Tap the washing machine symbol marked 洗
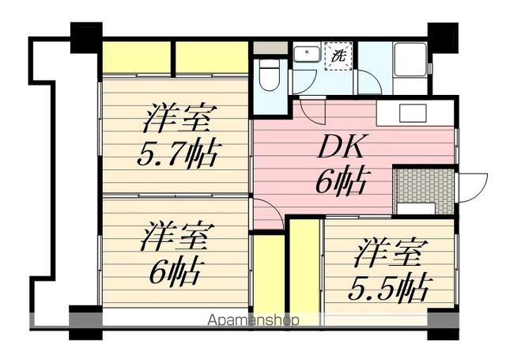tap(339, 57)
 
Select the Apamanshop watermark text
tap(253, 321)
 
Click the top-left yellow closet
tap(137, 58)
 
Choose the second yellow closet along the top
tap(212, 58)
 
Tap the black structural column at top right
tap(443, 36)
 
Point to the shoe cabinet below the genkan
tap(417, 209)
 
